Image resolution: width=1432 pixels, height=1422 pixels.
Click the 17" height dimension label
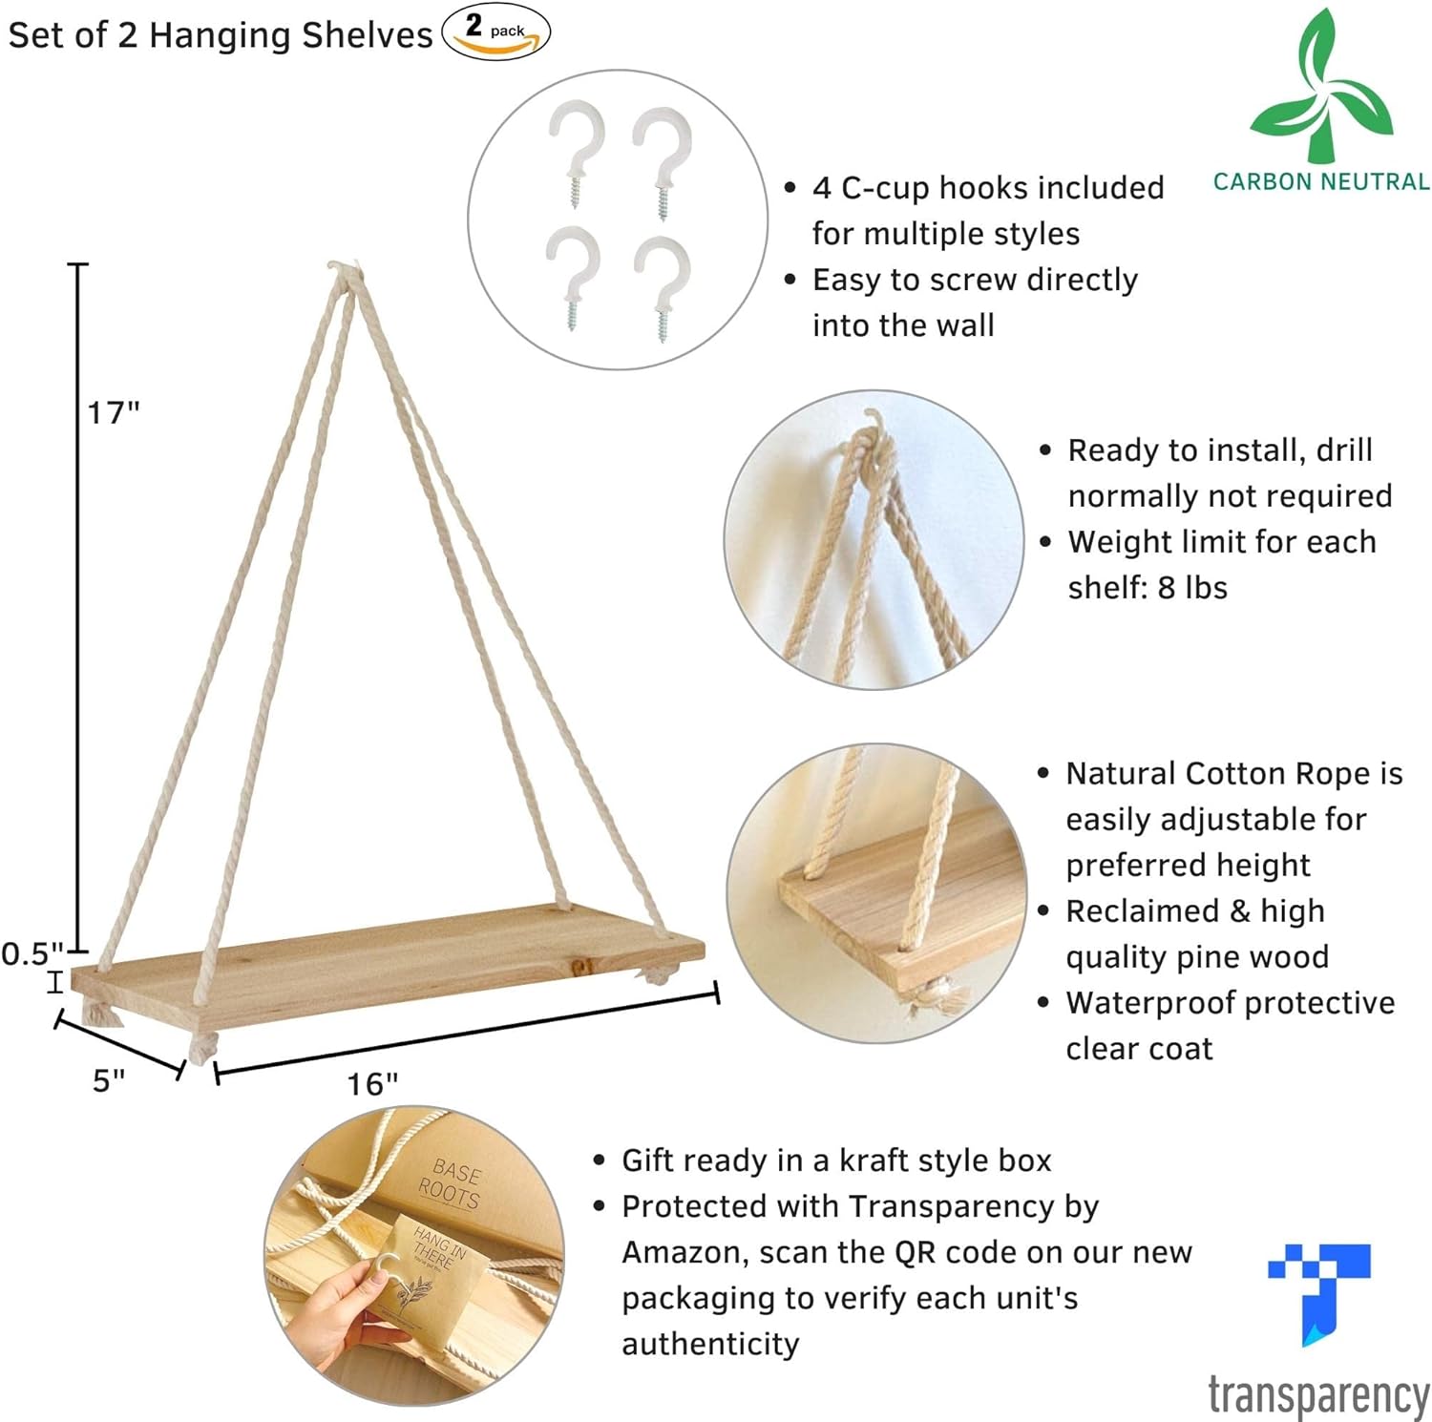coord(114,412)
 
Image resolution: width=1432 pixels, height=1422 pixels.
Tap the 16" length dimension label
coord(372,1084)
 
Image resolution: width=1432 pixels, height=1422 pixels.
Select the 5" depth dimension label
coord(109,1080)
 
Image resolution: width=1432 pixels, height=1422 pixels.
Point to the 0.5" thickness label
coord(32,953)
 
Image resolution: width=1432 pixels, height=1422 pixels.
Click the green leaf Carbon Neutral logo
coord(1321,86)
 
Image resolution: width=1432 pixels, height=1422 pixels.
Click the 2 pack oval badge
coord(495,31)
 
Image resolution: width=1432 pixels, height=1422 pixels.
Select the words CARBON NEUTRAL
coord(1321,181)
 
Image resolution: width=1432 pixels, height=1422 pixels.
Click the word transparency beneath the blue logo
coord(1318,1396)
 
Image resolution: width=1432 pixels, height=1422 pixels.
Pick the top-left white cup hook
coord(576,153)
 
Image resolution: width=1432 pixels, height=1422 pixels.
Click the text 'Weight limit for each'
coord(1222,541)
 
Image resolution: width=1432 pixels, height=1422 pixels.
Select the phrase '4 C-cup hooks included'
coord(988,188)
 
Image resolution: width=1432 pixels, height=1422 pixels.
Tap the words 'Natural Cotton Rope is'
coord(1234,773)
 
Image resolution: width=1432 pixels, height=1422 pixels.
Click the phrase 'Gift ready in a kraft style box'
coord(836,1161)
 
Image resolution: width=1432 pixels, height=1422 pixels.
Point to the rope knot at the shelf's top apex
coord(346,274)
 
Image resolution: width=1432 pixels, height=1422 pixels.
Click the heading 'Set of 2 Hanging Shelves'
coord(221,35)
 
